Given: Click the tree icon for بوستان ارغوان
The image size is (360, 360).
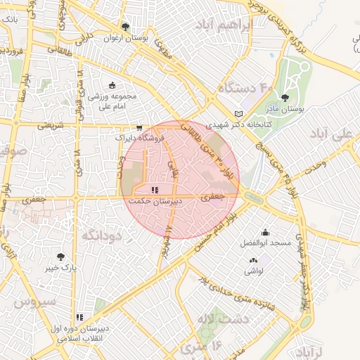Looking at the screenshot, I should pyautogui.click(x=126, y=26).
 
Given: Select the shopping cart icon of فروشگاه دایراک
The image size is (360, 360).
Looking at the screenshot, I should pyautogui.click(x=139, y=128).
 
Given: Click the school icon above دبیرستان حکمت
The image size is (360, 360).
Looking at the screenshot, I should pyautogui.click(x=155, y=190).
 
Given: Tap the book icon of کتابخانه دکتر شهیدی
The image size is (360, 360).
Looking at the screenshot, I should pyautogui.click(x=238, y=113).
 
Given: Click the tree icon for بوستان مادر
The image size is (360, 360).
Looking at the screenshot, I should pyautogui.click(x=285, y=98).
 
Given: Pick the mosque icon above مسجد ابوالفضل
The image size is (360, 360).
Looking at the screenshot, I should pyautogui.click(x=265, y=233).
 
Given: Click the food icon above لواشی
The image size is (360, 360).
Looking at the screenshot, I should pyautogui.click(x=251, y=259).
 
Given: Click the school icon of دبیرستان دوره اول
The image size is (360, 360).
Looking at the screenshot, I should pyautogui.click(x=79, y=318).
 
